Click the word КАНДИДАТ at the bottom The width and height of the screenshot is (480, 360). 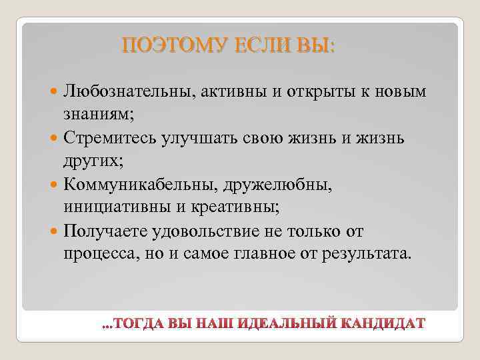click(381, 324)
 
